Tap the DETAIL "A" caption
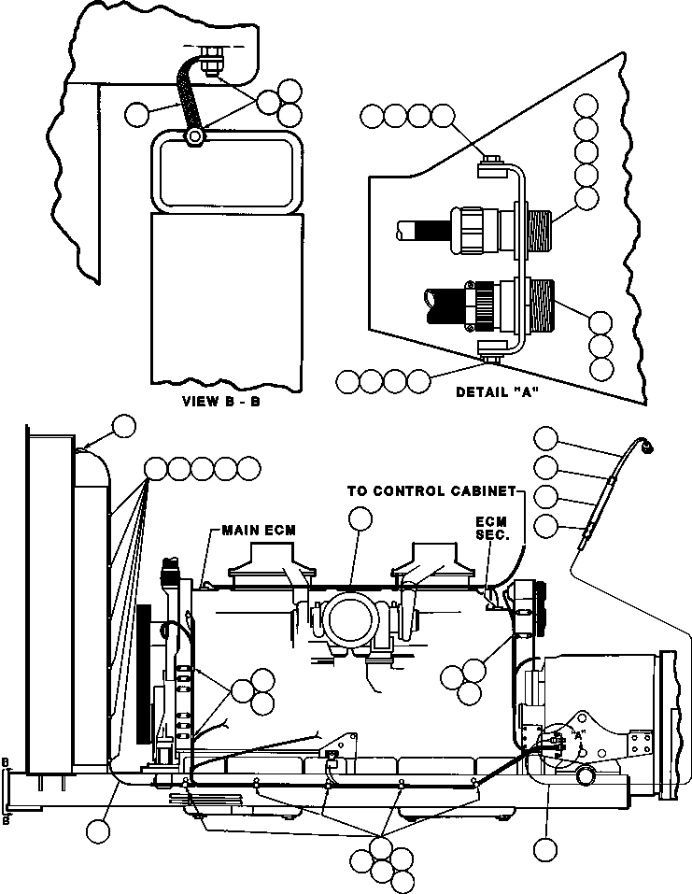(498, 392)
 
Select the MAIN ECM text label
(259, 531)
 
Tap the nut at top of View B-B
(210, 64)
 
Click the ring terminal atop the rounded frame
(194, 138)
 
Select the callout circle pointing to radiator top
(123, 427)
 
